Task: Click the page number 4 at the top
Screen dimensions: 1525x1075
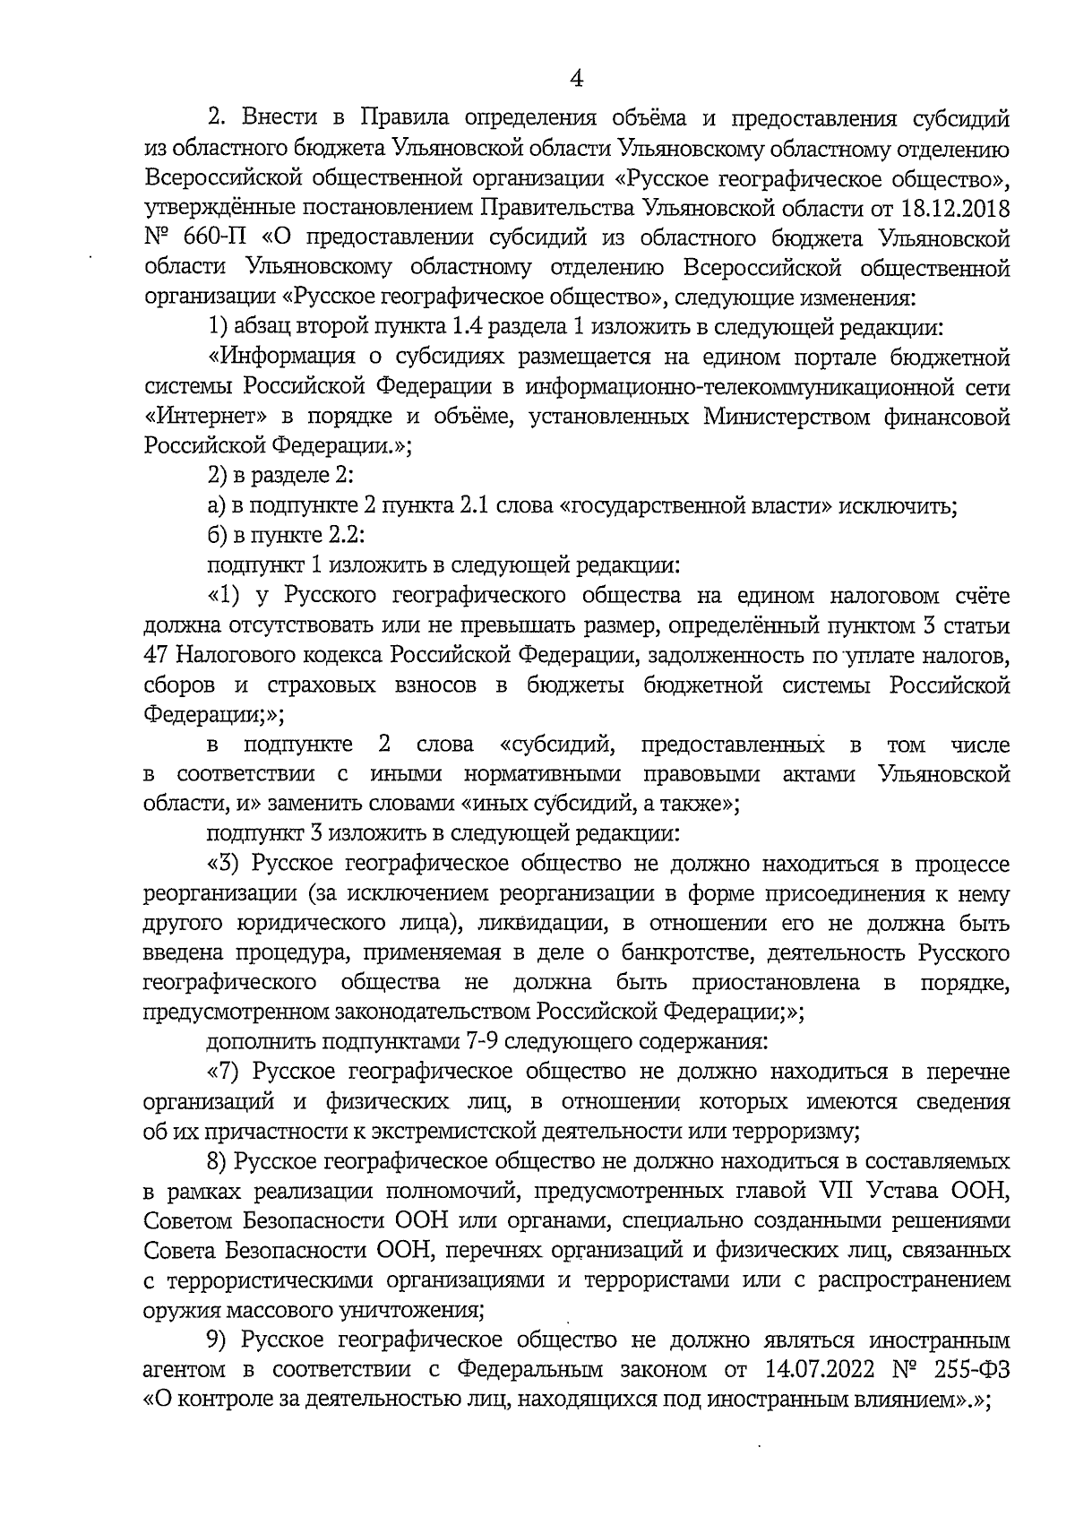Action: click(577, 79)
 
